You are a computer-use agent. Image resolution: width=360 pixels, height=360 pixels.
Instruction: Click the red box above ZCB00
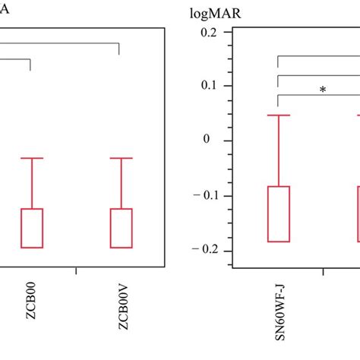click(x=32, y=228)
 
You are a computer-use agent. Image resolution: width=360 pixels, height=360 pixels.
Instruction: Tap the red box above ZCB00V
click(x=122, y=228)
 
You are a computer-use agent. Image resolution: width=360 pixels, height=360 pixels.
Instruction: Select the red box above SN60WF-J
click(x=279, y=213)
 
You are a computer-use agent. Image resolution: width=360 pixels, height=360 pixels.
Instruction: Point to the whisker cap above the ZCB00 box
click(x=32, y=158)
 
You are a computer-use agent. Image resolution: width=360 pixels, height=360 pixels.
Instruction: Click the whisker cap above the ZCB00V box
click(x=122, y=158)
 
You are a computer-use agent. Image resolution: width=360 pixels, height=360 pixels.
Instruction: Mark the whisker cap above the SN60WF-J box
click(x=279, y=115)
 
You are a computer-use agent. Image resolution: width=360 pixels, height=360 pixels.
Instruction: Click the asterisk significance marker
click(x=323, y=90)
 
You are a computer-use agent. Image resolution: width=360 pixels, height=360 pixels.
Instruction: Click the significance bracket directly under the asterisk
click(x=319, y=97)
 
